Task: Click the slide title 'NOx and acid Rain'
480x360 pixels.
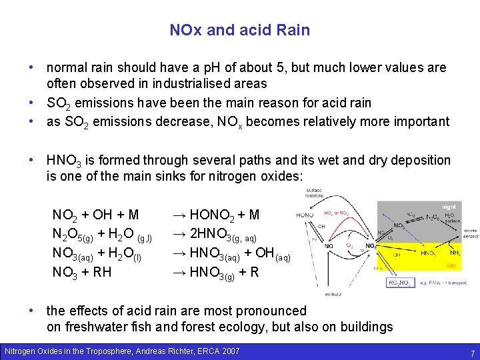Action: pos(239,30)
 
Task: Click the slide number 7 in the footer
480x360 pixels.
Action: pos(471,352)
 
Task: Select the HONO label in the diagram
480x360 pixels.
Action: pos(305,215)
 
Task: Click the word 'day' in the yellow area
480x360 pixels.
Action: pos(451,265)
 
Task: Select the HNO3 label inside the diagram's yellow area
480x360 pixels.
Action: pos(428,253)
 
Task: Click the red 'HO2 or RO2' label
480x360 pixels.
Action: pos(337,213)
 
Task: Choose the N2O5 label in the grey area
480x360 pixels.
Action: pos(433,217)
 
